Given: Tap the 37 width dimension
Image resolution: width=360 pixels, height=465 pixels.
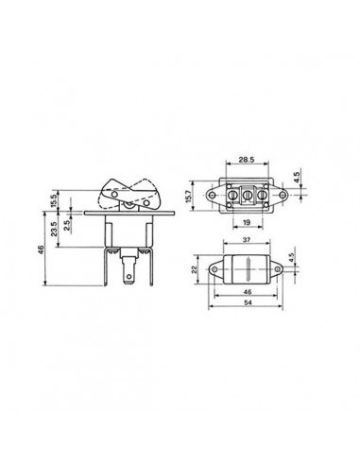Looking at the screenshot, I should (x=246, y=242).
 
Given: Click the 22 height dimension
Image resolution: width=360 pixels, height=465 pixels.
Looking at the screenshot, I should (x=193, y=271).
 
